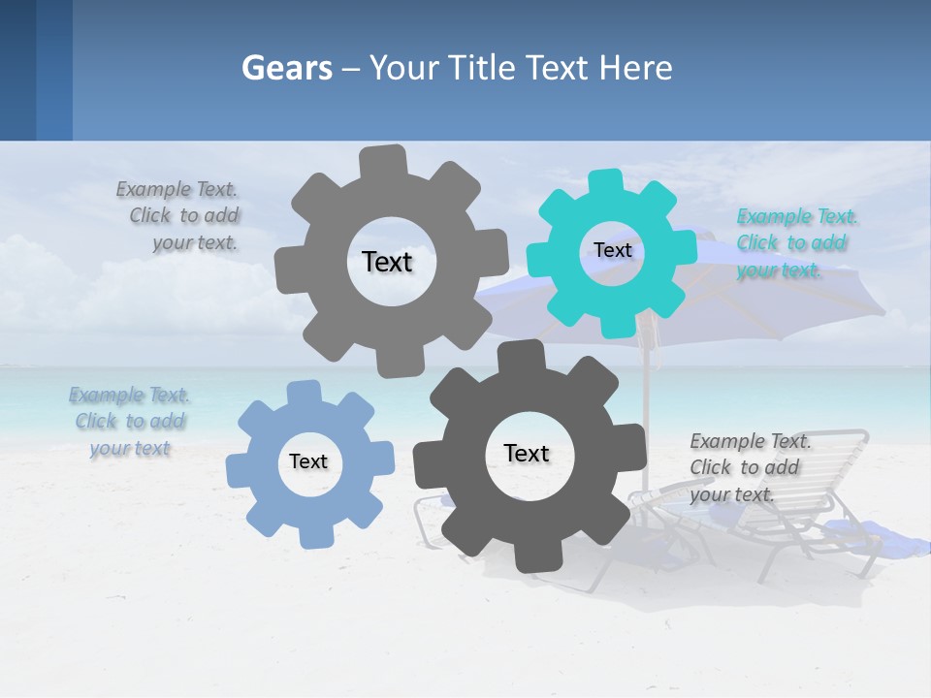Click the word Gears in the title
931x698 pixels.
(287, 68)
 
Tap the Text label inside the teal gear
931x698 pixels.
(612, 250)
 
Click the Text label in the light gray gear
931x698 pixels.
(387, 262)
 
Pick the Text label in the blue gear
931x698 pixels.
(308, 461)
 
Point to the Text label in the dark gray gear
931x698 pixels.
(527, 453)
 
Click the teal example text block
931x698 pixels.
(796, 243)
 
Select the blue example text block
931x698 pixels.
(130, 422)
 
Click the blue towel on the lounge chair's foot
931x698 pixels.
(863, 531)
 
